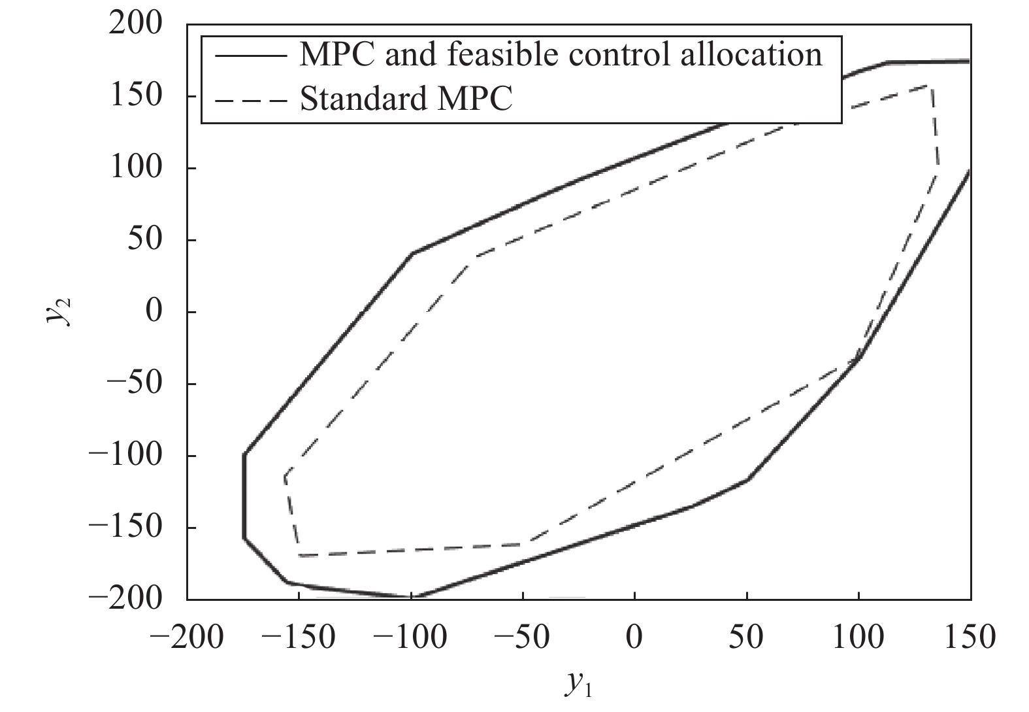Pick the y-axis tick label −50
[x=134, y=384]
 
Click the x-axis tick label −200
[x=186, y=637]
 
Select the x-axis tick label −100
[x=410, y=637]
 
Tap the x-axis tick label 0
[x=634, y=637]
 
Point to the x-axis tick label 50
[x=746, y=637]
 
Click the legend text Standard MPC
[x=406, y=99]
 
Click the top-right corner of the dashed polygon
[x=931, y=86]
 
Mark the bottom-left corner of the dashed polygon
[x=299, y=555]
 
